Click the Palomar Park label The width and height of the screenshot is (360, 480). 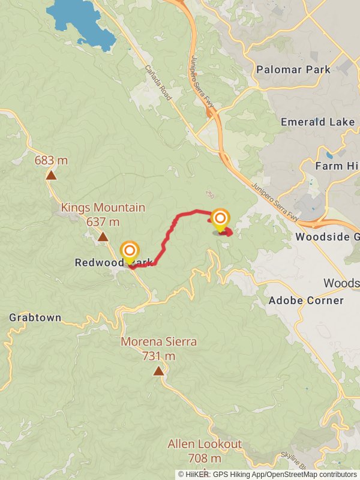pyautogui.click(x=293, y=70)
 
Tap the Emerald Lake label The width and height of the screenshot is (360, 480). pyautogui.click(x=318, y=122)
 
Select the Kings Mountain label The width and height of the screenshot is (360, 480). pyautogui.click(x=103, y=208)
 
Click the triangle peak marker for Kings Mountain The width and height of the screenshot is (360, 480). pyautogui.click(x=103, y=236)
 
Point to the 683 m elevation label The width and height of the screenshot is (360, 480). pyautogui.click(x=51, y=160)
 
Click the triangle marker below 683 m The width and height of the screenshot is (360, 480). pyautogui.click(x=51, y=175)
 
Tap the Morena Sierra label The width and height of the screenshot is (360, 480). pyautogui.click(x=158, y=342)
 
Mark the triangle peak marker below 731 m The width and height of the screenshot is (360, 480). pyautogui.click(x=158, y=371)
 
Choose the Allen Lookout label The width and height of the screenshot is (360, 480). pyautogui.click(x=205, y=444)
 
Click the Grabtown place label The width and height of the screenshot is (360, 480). pyautogui.click(x=35, y=317)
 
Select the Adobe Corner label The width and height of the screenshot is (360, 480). pyautogui.click(x=306, y=300)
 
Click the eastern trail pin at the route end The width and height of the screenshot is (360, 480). pyautogui.click(x=220, y=220)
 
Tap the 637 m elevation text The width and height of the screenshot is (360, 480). pyautogui.click(x=103, y=222)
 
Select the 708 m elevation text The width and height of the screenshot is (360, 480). pyautogui.click(x=205, y=458)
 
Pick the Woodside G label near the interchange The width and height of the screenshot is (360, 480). pyautogui.click(x=327, y=237)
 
